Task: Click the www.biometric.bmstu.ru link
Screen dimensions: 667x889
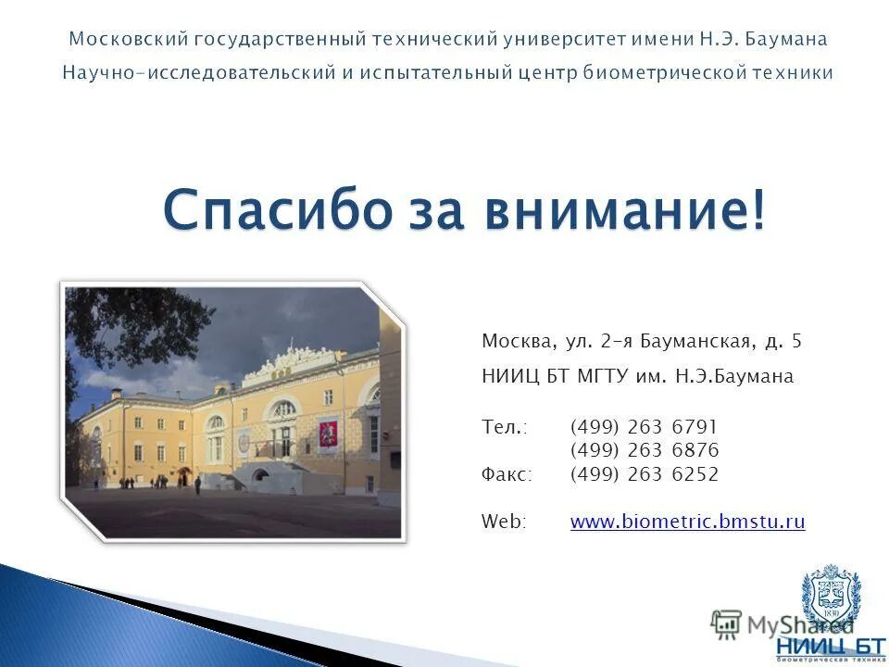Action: (x=687, y=522)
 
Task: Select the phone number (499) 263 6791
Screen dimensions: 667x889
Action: (x=644, y=427)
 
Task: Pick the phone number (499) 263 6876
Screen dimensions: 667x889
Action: (x=644, y=451)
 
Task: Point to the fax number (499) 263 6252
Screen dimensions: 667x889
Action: (x=644, y=474)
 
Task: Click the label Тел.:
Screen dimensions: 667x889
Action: (x=504, y=427)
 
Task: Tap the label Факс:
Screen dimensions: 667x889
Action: (x=507, y=474)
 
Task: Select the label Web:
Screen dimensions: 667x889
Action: (x=503, y=522)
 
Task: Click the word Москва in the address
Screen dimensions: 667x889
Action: (x=514, y=341)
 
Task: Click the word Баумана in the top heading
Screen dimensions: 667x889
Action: (x=787, y=39)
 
